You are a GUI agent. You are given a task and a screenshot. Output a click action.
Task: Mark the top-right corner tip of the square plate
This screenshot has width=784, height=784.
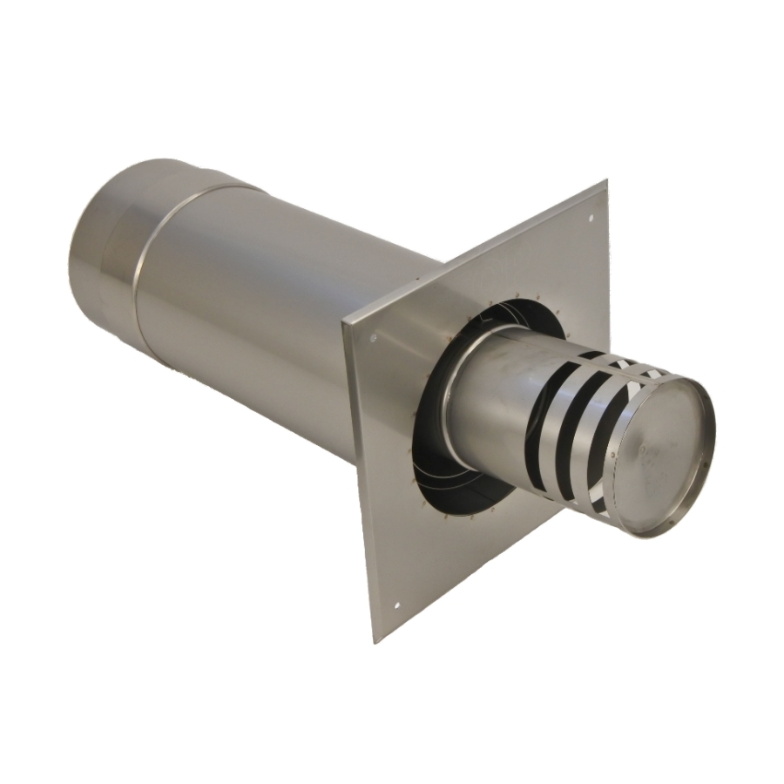coord(605,181)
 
